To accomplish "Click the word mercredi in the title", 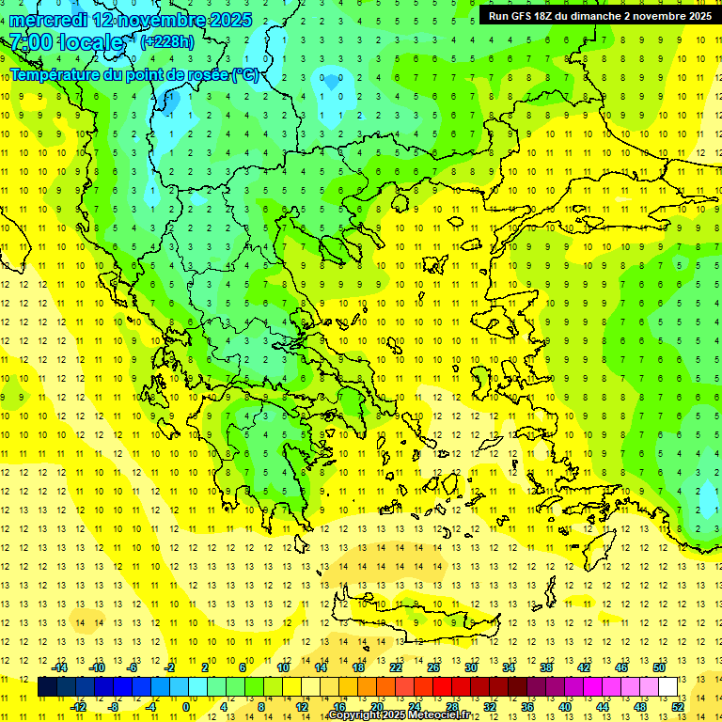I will click(49, 20).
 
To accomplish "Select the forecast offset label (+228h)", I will click(167, 41).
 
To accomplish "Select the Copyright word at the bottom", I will click(354, 715).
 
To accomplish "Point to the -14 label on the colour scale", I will click(59, 667).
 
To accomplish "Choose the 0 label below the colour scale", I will click(186, 706).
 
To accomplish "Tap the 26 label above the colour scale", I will click(433, 667).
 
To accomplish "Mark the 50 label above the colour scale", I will click(659, 667).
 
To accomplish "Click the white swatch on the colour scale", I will click(668, 686).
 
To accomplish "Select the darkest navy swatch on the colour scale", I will click(47, 686).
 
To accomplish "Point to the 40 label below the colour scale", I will click(565, 706).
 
